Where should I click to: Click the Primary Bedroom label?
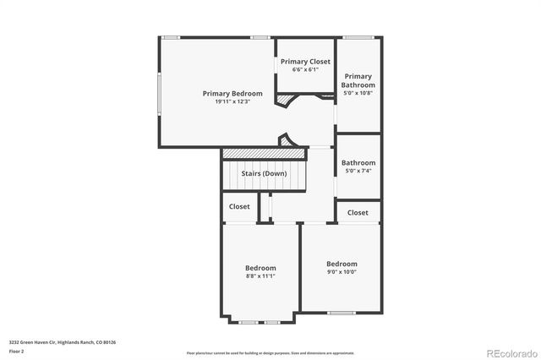click(x=232, y=93)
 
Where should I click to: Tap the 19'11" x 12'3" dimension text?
click(x=232, y=101)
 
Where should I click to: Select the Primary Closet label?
click(x=305, y=62)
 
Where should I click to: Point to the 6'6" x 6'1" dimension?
click(x=305, y=69)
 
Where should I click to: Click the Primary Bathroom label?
click(x=357, y=81)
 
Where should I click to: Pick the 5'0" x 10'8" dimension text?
click(x=358, y=94)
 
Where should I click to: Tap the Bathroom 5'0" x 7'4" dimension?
click(x=358, y=171)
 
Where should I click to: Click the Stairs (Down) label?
click(x=264, y=173)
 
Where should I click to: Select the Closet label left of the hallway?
click(x=239, y=206)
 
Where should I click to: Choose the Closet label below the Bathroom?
click(x=358, y=213)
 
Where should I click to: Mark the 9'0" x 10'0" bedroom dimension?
click(x=342, y=271)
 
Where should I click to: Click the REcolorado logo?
click(x=509, y=352)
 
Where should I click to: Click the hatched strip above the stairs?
click(x=263, y=153)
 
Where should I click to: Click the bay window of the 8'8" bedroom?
click(x=260, y=322)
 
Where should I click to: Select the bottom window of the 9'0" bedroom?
click(x=341, y=314)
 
